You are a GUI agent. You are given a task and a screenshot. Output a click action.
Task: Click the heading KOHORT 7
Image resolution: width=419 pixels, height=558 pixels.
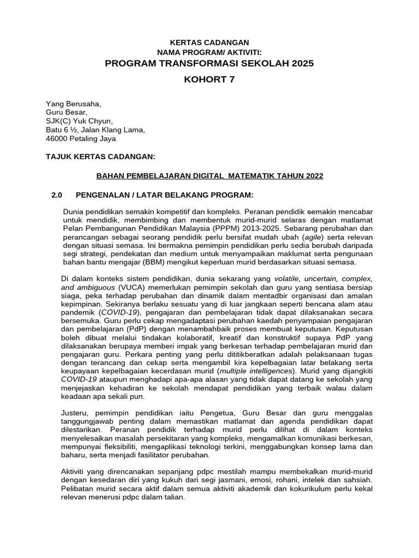tap(209, 80)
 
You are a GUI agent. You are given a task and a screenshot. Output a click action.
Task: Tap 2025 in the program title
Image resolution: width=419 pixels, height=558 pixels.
tap(302, 63)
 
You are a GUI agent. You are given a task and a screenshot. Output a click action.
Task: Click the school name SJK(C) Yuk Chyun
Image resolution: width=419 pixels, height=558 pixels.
tap(79, 121)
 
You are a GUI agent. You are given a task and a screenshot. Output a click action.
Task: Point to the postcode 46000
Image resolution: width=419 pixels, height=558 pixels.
tap(59, 138)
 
